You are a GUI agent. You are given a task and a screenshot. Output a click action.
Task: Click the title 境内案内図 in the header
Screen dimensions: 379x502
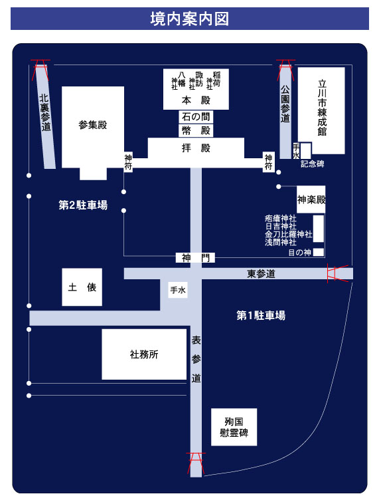[x=190, y=19]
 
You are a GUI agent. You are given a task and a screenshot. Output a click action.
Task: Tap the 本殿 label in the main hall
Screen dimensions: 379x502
[x=196, y=100]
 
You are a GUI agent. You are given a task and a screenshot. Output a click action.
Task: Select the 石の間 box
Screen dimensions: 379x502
[x=196, y=117]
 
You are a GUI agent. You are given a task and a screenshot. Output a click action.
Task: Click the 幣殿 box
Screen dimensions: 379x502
[x=196, y=130]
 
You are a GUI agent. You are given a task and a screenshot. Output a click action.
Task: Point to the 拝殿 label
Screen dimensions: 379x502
[x=196, y=148]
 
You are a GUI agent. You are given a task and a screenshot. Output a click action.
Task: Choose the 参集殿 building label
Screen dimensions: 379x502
[x=93, y=125]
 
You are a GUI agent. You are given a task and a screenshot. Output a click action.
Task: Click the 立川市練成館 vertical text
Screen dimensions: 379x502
[x=322, y=108]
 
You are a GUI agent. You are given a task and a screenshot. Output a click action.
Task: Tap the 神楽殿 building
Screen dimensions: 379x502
[x=311, y=199]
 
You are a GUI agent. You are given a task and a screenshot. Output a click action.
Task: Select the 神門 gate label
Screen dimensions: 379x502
[x=196, y=258]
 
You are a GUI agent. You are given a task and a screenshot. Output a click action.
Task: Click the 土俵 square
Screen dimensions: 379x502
[x=82, y=287]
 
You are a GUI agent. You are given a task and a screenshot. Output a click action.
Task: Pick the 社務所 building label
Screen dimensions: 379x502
[x=144, y=354]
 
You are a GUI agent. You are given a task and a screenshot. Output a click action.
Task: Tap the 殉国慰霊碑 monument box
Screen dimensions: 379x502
[x=234, y=427]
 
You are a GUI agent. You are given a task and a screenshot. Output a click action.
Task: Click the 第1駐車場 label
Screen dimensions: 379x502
[x=261, y=315]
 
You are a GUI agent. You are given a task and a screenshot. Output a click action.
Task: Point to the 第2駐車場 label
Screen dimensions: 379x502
[x=83, y=205]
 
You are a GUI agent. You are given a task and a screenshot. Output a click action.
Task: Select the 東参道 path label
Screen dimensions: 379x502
[x=261, y=274]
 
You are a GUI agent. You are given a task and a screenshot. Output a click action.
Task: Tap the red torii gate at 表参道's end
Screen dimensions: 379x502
[x=196, y=463]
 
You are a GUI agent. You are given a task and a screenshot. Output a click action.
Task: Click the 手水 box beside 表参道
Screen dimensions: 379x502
[x=178, y=290]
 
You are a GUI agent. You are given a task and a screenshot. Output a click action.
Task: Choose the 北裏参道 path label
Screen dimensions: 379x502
[x=45, y=112]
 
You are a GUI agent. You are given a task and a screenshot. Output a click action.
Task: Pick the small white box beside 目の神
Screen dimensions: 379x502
[x=319, y=252]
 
